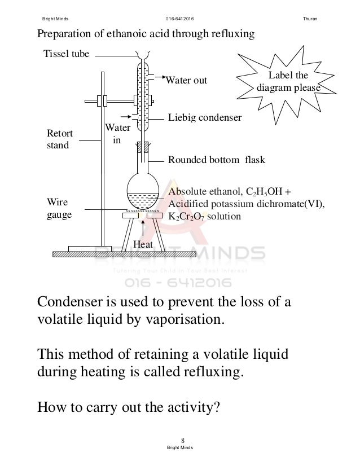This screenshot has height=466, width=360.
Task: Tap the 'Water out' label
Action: click(x=186, y=80)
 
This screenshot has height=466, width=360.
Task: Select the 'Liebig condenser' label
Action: click(x=205, y=117)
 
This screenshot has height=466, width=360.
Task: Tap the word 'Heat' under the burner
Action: click(x=144, y=243)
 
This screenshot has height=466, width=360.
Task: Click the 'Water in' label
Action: click(x=117, y=134)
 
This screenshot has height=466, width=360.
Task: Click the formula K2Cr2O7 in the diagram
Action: click(x=189, y=217)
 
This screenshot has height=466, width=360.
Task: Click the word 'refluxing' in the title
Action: click(x=231, y=34)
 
